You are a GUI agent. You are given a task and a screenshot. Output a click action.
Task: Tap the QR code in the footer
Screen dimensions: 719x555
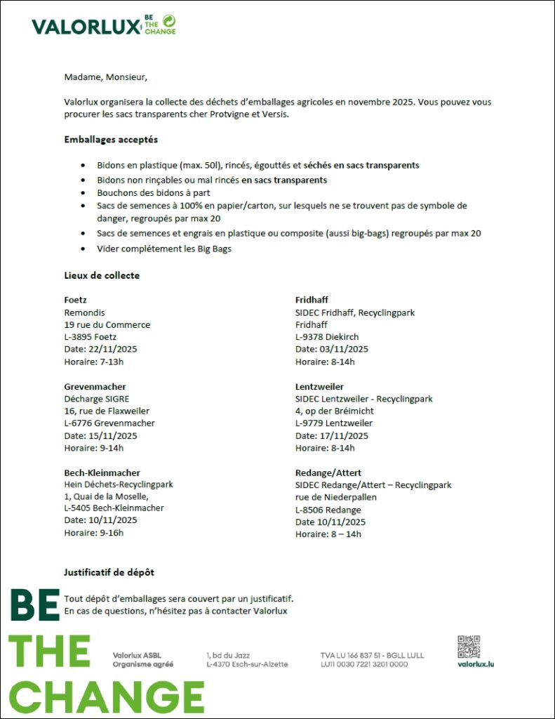click(x=469, y=647)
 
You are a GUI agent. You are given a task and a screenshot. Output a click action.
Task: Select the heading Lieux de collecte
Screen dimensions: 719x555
click(x=101, y=275)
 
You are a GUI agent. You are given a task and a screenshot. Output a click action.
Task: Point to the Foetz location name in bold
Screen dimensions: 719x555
click(x=75, y=300)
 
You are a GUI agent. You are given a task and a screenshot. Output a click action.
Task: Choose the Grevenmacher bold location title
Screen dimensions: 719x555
click(x=95, y=386)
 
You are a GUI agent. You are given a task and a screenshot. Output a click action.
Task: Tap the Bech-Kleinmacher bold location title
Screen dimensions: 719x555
click(x=102, y=473)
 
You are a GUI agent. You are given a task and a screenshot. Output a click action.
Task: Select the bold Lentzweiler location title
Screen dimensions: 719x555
click(x=319, y=386)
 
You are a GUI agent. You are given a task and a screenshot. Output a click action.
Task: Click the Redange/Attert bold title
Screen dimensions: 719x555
click(x=328, y=473)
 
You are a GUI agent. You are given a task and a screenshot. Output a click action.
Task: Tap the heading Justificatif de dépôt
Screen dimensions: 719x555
click(x=109, y=572)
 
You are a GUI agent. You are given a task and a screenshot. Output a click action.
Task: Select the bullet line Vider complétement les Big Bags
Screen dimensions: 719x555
click(x=164, y=249)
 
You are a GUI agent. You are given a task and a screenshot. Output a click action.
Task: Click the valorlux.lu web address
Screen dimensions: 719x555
click(x=475, y=664)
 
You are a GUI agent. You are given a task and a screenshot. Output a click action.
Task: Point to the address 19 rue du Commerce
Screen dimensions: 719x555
click(x=107, y=324)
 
